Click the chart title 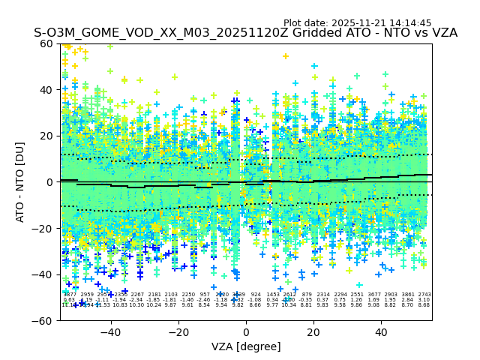[245, 34]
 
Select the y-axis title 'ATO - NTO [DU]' [21, 182]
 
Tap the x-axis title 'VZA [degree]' [246, 346]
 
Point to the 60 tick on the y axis [46, 43]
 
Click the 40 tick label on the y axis [46, 90]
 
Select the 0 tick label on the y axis [50, 182]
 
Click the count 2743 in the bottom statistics [424, 295]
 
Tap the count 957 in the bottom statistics [205, 295]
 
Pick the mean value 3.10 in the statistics [424, 300]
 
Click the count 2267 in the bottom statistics [137, 295]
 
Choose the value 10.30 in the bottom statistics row [136, 305]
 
